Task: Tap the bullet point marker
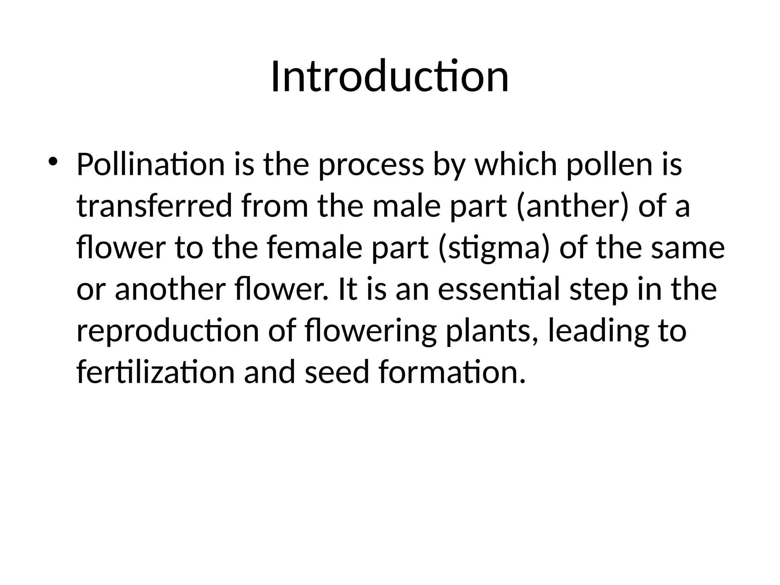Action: coord(53,161)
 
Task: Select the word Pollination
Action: coord(151,165)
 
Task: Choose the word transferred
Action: coord(154,206)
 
